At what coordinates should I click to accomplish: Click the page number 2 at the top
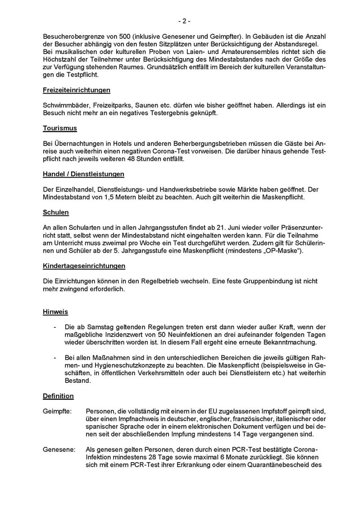coord(183,21)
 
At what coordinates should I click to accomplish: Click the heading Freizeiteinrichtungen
coord(77,90)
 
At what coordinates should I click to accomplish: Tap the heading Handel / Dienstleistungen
coord(83,174)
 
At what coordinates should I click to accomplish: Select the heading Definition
coord(58,396)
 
